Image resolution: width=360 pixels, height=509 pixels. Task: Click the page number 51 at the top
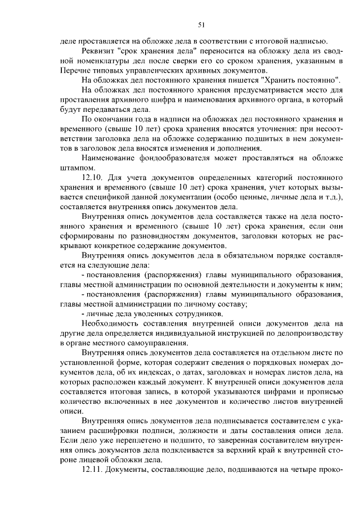pyautogui.click(x=201, y=24)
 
